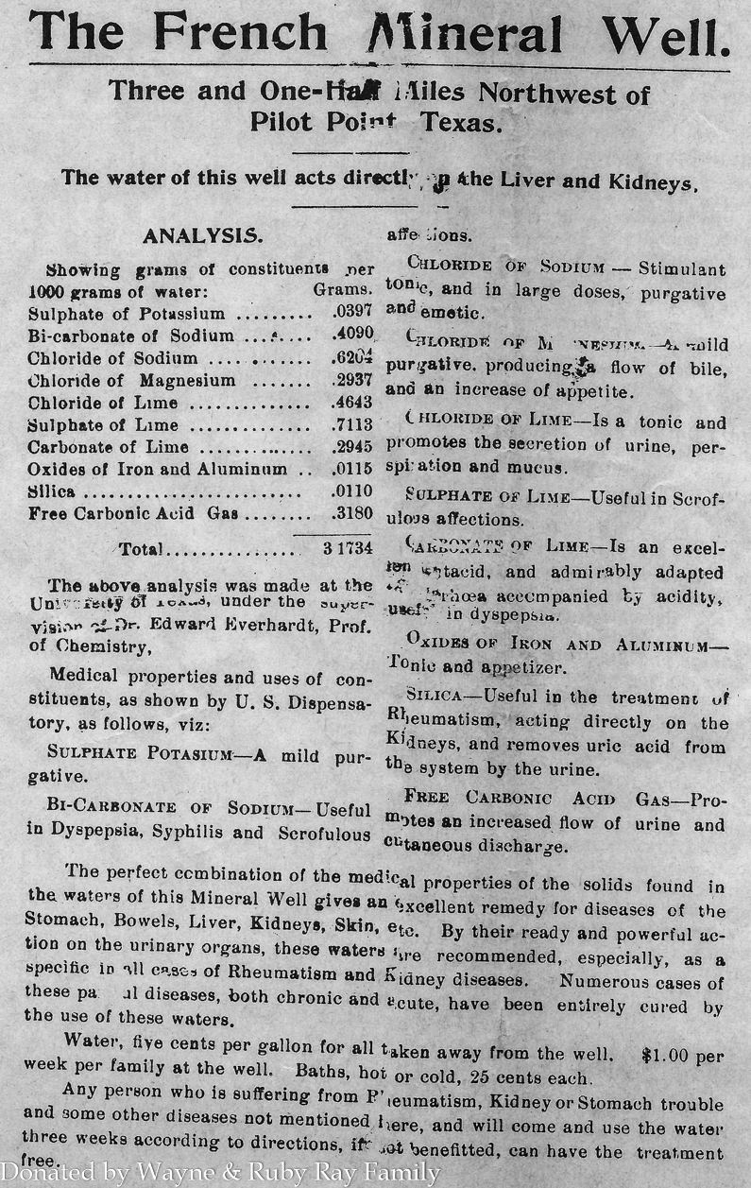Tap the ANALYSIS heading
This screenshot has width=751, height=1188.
pos(202,234)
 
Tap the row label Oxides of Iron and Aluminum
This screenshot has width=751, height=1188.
pos(157,470)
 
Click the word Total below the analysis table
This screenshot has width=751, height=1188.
pos(141,548)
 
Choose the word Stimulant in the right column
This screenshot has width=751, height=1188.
pos(682,268)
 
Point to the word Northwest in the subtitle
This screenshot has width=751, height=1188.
pos(564,93)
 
